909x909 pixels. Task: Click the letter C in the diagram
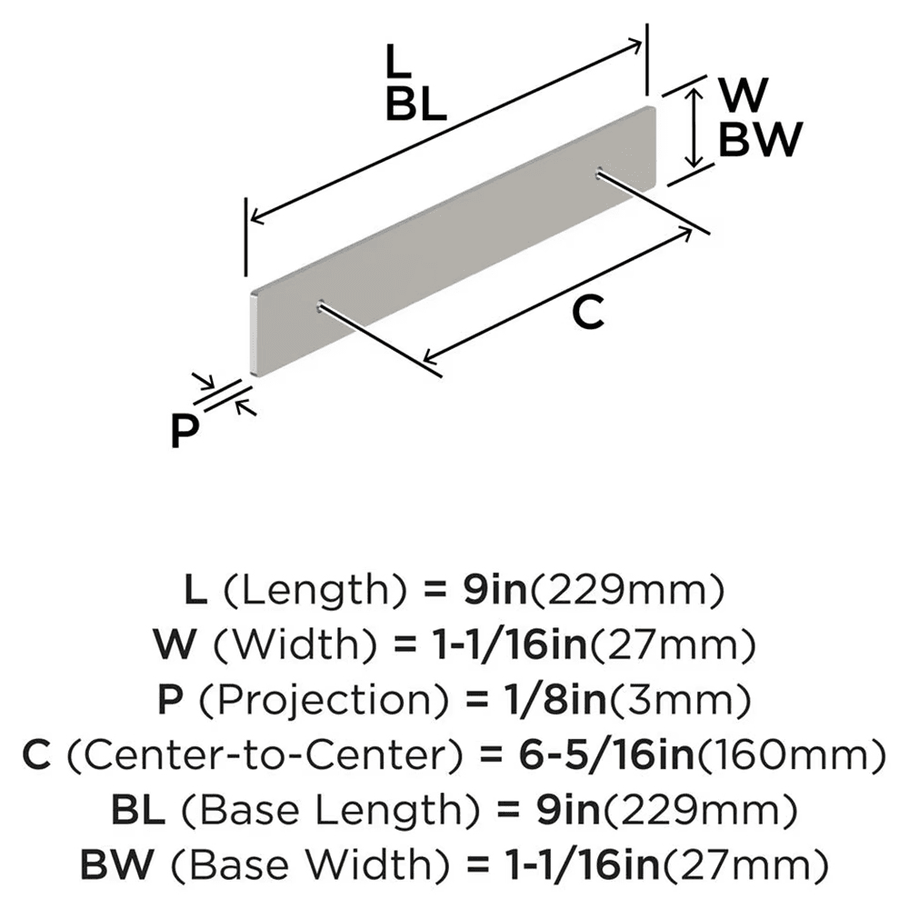click(586, 313)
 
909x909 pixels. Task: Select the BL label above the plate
click(415, 106)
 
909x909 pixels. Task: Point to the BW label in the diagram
click(760, 141)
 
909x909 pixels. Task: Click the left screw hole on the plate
click(321, 306)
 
